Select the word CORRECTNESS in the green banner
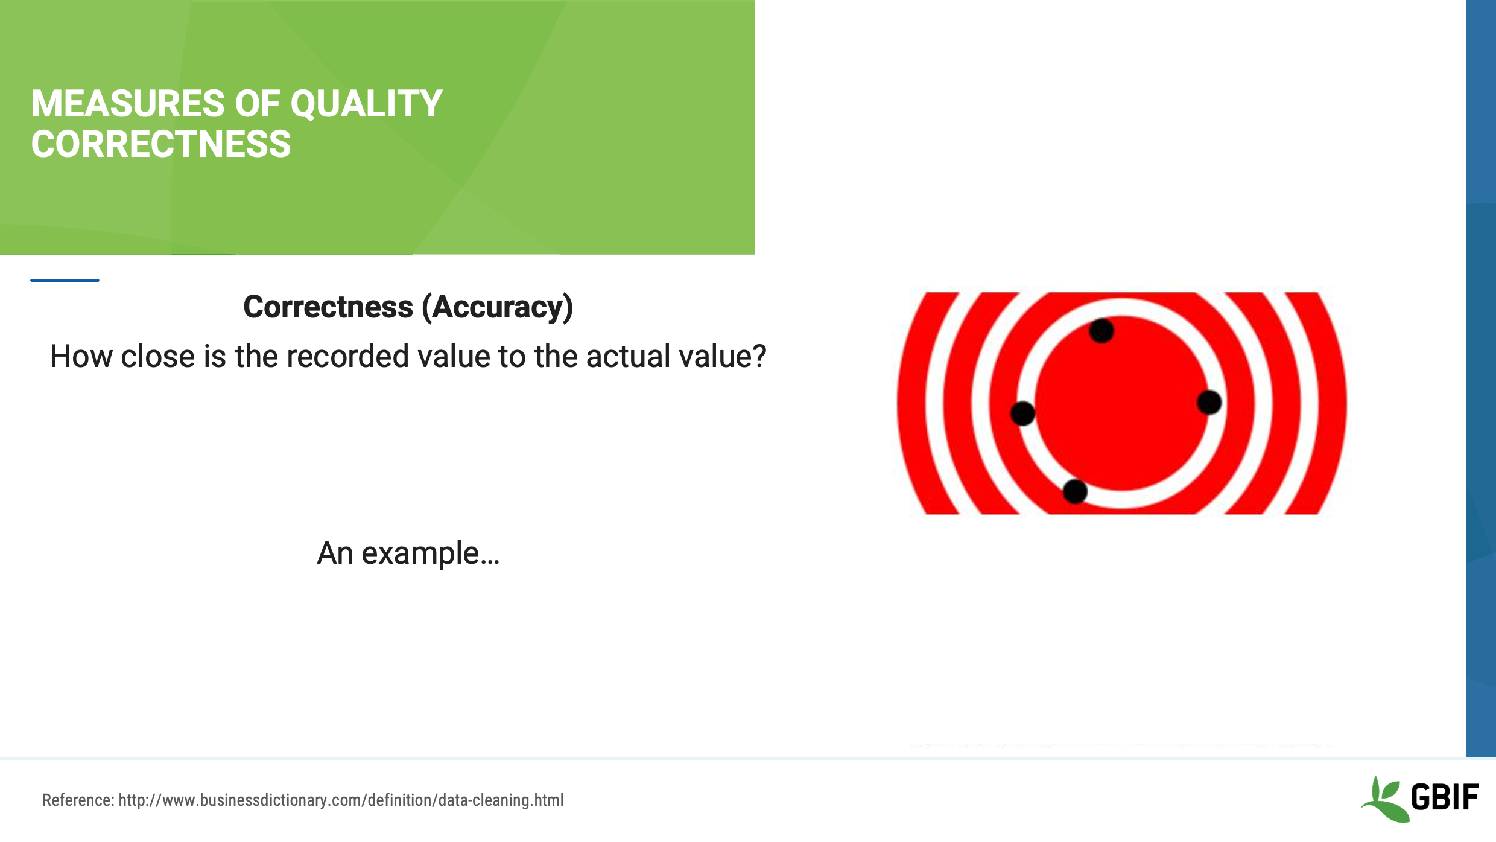point(161,144)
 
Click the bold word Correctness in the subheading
point(328,307)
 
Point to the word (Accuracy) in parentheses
point(497,307)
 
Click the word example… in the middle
point(430,553)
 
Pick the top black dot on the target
point(1101,331)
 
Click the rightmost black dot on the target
point(1209,402)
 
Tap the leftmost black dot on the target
point(1022,413)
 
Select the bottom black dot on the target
point(1075,491)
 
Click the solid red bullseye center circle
point(1122,403)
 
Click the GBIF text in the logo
point(1444,797)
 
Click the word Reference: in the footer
point(78,800)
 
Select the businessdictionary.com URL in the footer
point(341,800)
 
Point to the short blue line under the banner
point(65,280)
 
